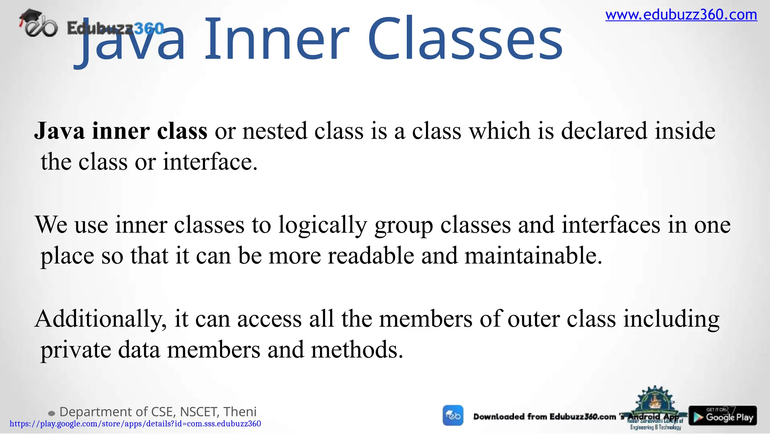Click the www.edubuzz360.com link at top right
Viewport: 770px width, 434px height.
point(681,15)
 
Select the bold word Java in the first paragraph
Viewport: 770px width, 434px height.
point(59,131)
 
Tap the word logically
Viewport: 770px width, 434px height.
point(322,225)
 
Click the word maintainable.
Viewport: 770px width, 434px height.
point(533,256)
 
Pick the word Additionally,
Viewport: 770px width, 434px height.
point(101,320)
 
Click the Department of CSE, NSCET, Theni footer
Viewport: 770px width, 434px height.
point(158,412)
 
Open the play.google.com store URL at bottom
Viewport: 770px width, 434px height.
point(135,424)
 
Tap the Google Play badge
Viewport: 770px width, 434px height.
point(723,416)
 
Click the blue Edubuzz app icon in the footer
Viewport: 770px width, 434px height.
point(453,416)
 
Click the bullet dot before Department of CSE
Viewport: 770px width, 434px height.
point(52,414)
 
